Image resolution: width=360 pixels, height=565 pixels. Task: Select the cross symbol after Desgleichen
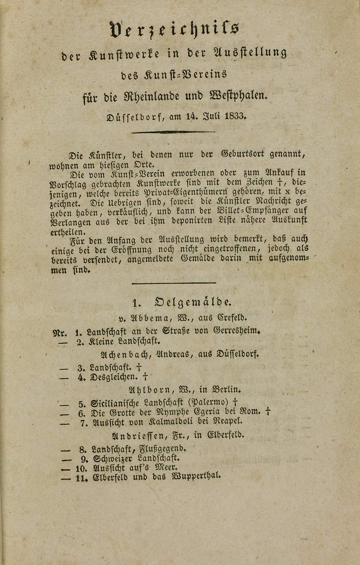(x=145, y=376)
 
